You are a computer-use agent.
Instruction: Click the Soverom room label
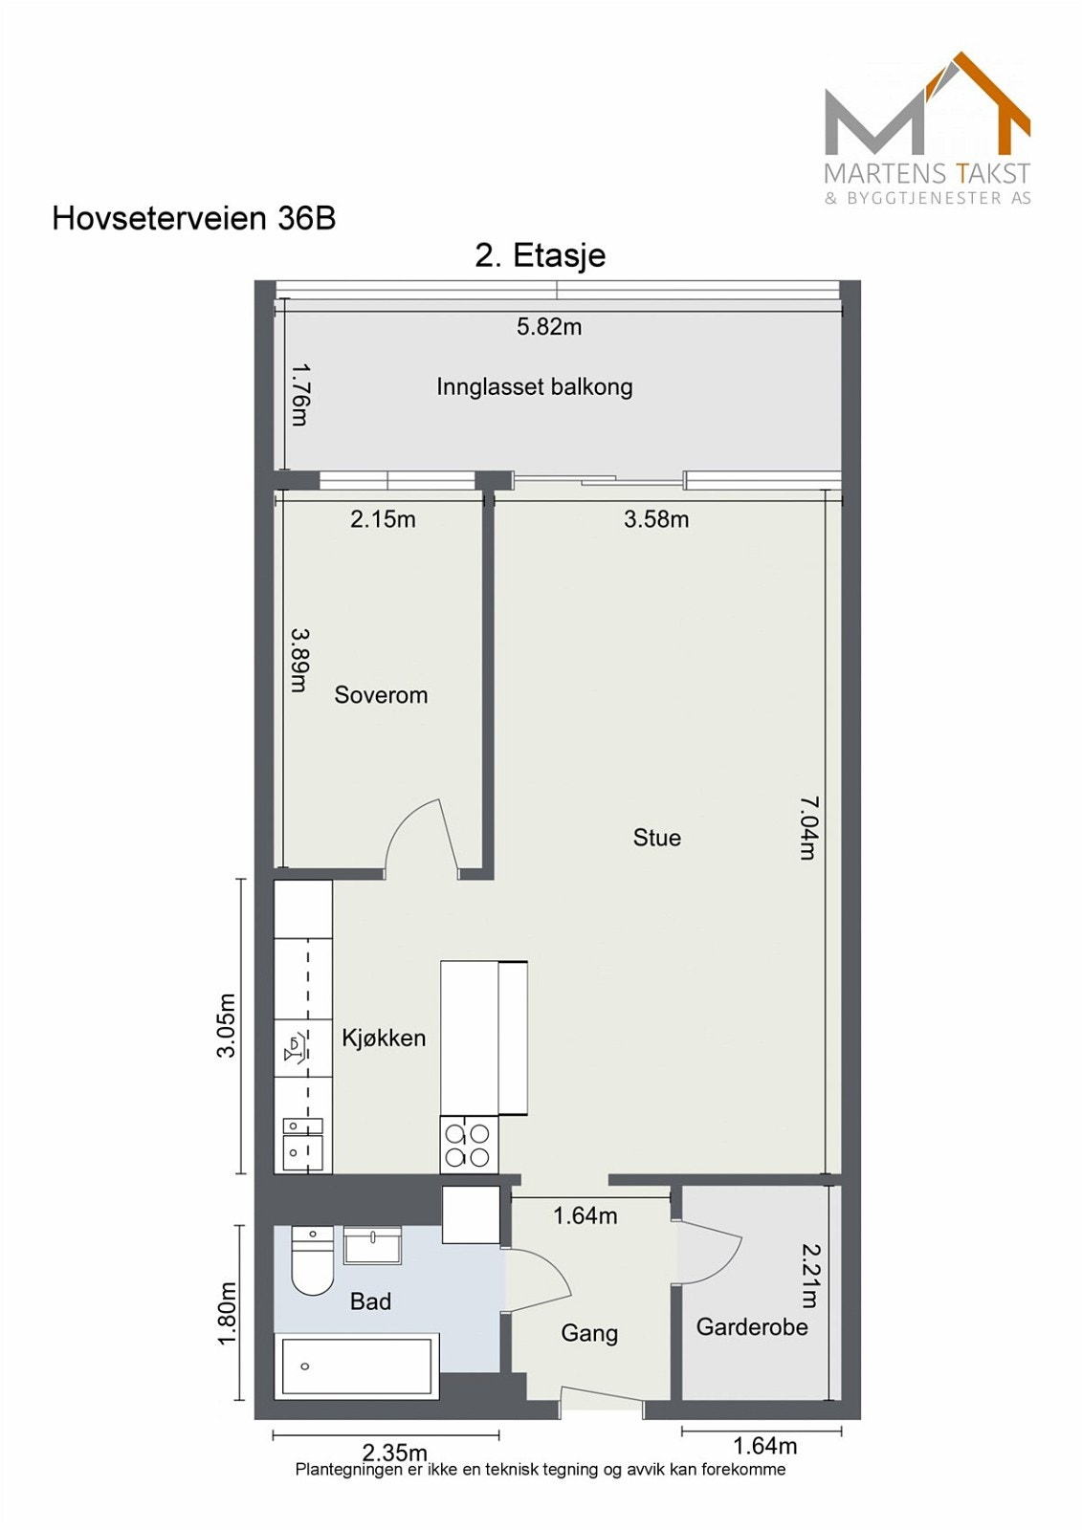point(381,695)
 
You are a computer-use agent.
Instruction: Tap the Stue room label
point(657,838)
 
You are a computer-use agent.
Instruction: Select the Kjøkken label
point(384,1038)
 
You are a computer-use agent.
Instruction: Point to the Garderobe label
point(752,1327)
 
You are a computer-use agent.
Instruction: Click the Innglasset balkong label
point(535,387)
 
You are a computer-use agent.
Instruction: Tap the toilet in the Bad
point(312,1260)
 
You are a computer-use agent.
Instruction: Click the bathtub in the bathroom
point(356,1366)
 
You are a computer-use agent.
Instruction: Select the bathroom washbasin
point(372,1245)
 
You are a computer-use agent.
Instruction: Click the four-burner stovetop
point(469,1145)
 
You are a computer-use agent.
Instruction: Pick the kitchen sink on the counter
point(302,1145)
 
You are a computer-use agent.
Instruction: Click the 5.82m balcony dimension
point(549,327)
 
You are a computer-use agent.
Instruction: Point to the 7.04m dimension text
point(809,828)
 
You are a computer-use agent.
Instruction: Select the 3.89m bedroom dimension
point(299,660)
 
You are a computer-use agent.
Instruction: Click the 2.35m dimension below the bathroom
point(395,1453)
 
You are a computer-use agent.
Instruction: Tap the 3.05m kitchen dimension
point(227,1025)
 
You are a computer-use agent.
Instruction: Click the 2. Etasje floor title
point(541,255)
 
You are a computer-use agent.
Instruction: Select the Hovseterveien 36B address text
point(194,218)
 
